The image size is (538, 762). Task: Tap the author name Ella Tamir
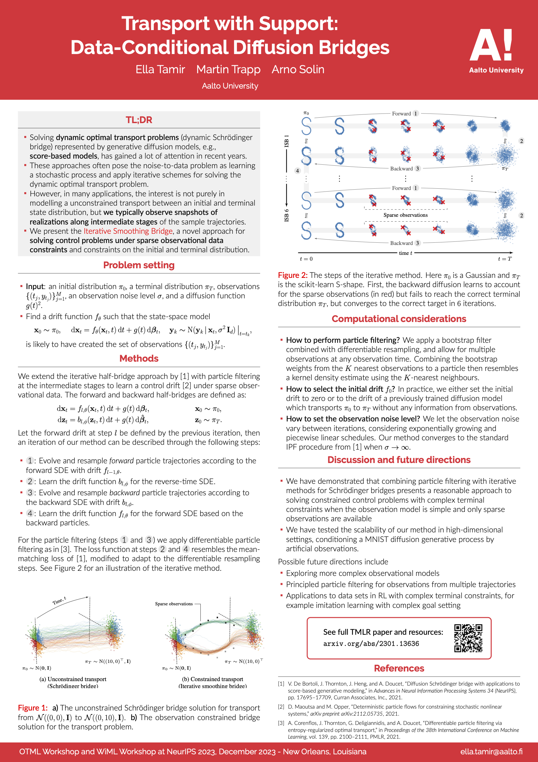(x=160, y=69)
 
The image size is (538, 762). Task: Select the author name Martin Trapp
(x=228, y=69)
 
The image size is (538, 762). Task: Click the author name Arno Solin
(x=298, y=69)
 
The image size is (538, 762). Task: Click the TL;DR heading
(x=139, y=120)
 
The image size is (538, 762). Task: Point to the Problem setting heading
(x=139, y=265)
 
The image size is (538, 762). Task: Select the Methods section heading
(x=139, y=358)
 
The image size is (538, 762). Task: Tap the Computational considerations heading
(x=399, y=319)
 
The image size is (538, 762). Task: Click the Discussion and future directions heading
(x=399, y=460)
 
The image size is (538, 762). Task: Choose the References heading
(x=399, y=668)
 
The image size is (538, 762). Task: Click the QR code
(x=468, y=638)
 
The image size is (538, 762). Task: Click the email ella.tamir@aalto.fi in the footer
(x=491, y=752)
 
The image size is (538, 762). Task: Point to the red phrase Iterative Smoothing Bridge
(x=128, y=231)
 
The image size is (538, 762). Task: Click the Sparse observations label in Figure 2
(x=405, y=215)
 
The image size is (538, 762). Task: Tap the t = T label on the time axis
(x=504, y=259)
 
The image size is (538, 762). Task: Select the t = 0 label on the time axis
(x=306, y=259)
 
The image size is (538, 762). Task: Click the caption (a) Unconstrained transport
(x=73, y=679)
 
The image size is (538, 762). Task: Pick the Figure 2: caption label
(x=292, y=275)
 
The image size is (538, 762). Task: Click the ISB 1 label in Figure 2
(x=286, y=141)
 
